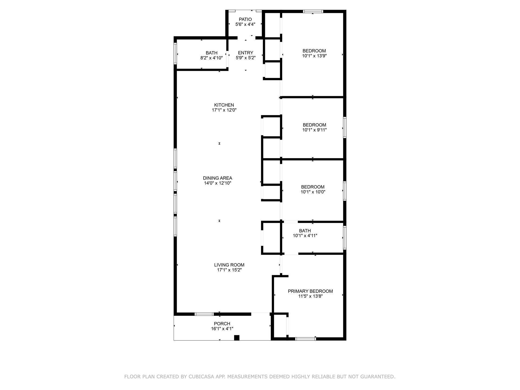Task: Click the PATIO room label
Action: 245,19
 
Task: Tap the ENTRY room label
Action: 245,53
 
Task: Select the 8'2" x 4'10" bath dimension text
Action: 211,58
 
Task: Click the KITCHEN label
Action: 224,105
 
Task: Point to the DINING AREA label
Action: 217,178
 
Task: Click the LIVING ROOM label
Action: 229,265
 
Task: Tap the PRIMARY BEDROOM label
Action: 310,291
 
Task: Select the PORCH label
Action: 222,324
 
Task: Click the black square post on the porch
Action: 237,338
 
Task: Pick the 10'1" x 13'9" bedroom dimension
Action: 314,56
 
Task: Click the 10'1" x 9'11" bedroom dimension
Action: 314,130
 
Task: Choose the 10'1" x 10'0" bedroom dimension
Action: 313,192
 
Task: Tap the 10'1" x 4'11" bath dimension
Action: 305,236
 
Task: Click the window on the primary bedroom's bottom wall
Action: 305,339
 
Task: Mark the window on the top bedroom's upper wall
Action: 313,11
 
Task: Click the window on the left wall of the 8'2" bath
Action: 175,53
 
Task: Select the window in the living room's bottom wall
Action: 204,314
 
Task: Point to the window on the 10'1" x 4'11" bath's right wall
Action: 345,238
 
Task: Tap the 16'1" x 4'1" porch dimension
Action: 222,329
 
